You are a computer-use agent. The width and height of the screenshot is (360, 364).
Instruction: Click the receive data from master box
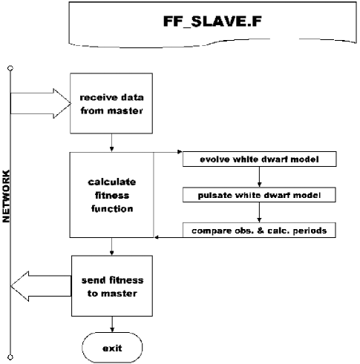pos(111,103)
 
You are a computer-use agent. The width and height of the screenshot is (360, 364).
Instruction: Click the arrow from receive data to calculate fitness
pos(111,142)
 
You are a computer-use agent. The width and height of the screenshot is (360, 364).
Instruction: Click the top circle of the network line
pos(10,68)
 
